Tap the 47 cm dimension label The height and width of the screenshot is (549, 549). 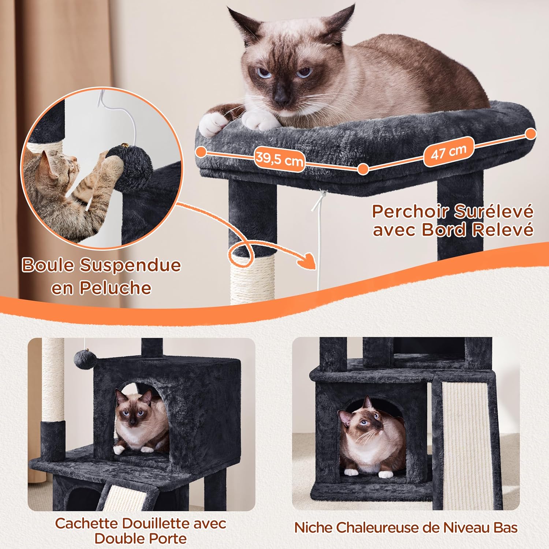(x=449, y=152)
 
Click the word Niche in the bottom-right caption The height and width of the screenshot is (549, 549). (x=313, y=528)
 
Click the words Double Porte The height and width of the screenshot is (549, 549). (x=141, y=539)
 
